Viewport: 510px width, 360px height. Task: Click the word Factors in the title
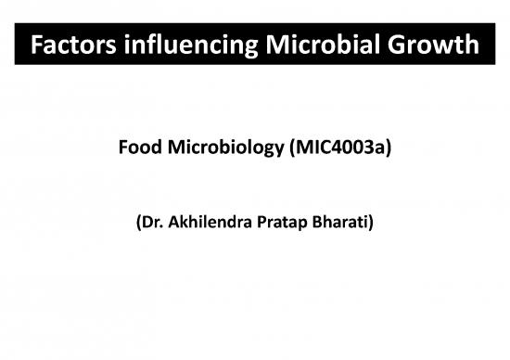point(71,45)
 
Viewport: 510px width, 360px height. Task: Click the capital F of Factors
point(36,45)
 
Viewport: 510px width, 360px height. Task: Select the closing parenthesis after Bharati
point(369,224)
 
